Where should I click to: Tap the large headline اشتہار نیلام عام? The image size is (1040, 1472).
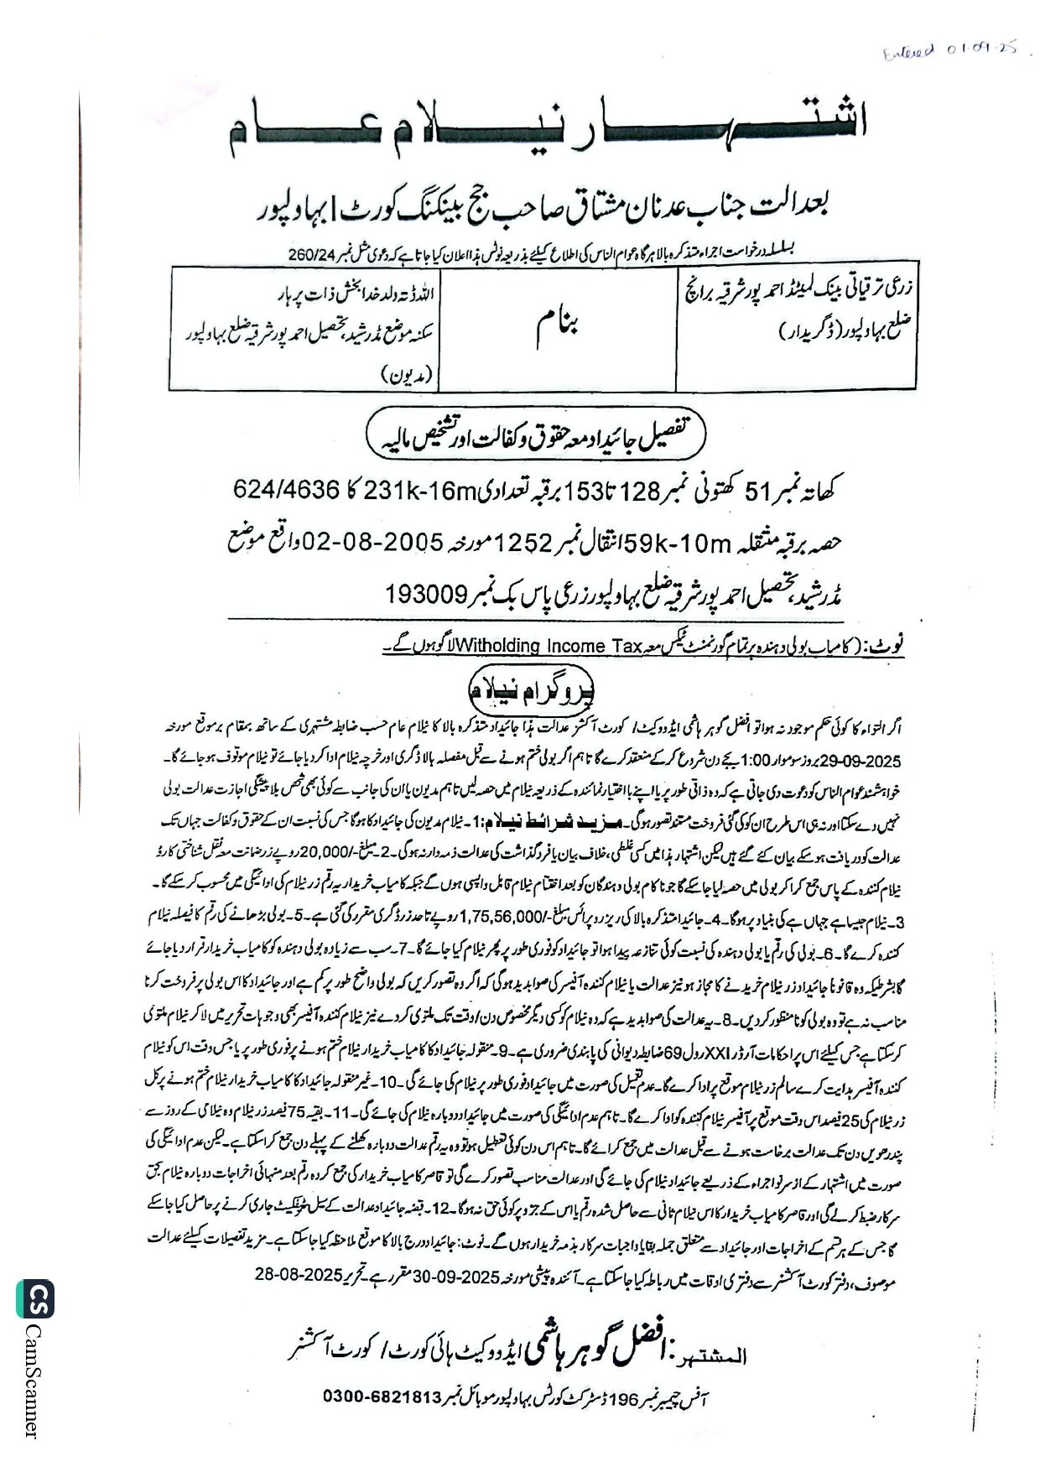tap(547, 128)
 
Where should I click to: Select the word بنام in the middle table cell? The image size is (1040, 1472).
tap(558, 327)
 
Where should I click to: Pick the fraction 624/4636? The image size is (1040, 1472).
tap(286, 488)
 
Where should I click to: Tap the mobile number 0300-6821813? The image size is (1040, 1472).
tap(382, 1397)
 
